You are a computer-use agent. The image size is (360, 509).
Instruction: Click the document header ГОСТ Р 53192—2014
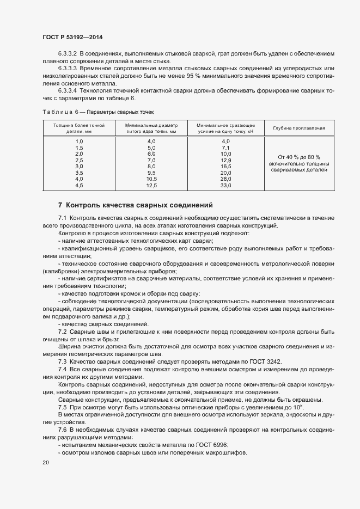(x=72, y=37)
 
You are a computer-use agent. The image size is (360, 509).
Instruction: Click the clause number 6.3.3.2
(x=68, y=54)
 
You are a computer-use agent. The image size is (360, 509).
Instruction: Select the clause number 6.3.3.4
(x=68, y=91)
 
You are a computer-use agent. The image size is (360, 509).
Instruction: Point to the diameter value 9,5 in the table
(x=151, y=173)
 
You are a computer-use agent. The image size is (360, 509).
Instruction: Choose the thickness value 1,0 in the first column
(x=78, y=142)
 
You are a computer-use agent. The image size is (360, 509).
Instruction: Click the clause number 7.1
(x=63, y=218)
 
